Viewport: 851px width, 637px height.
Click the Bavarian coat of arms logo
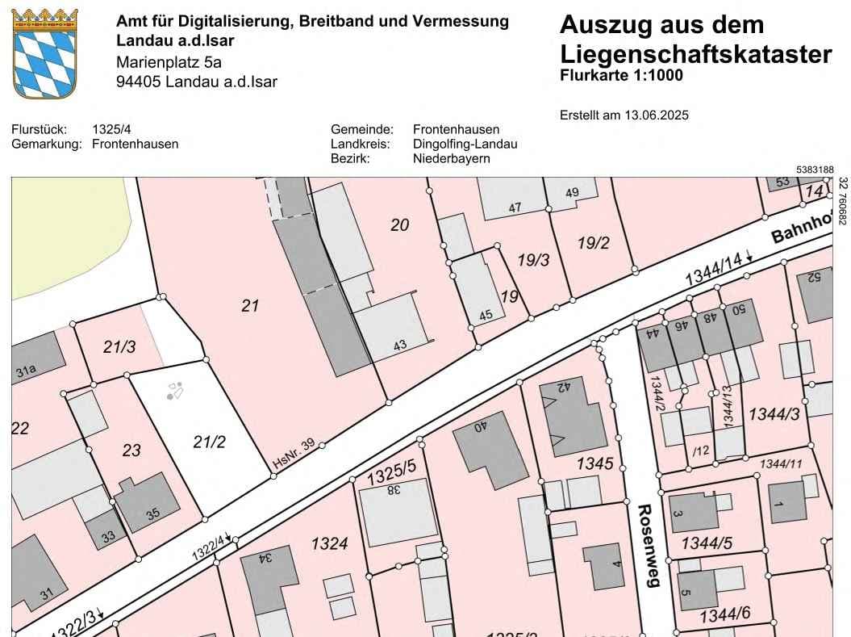pos(45,53)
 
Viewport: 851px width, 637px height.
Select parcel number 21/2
pos(209,442)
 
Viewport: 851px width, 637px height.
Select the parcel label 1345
pos(595,464)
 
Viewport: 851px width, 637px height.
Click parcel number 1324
pos(329,544)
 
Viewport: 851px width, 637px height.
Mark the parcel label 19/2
pos(594,243)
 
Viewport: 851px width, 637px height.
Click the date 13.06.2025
pos(657,115)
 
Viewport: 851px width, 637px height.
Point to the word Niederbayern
pos(451,159)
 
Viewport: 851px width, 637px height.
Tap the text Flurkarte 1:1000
pos(621,76)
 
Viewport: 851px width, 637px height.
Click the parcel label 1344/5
pos(707,543)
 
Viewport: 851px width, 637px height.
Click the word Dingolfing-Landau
pos(465,145)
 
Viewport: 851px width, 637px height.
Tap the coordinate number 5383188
pos(814,170)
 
